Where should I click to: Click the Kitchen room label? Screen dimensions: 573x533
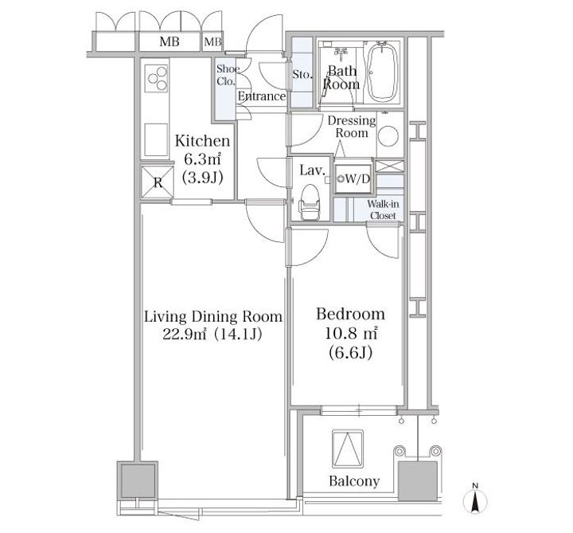(202, 141)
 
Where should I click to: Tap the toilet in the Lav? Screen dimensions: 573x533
(310, 202)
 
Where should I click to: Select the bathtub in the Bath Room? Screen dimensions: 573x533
(382, 73)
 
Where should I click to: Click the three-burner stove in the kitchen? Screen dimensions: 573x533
(157, 78)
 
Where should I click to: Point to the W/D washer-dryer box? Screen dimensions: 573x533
(353, 178)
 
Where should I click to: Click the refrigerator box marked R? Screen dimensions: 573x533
(158, 182)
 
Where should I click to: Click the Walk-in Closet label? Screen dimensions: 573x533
(383, 210)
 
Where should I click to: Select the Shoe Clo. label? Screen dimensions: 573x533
(227, 75)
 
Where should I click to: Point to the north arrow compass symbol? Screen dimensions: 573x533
(475, 500)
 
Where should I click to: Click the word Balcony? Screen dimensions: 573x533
(354, 480)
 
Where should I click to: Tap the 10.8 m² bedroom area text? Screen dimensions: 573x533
(351, 333)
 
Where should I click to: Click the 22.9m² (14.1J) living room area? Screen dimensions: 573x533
(212, 334)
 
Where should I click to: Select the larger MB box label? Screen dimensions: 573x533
(170, 41)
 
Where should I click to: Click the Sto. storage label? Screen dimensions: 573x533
(302, 74)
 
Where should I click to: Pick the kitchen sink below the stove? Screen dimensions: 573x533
(156, 139)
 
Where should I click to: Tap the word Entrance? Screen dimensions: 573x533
(262, 96)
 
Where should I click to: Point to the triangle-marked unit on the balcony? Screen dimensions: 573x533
(348, 449)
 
